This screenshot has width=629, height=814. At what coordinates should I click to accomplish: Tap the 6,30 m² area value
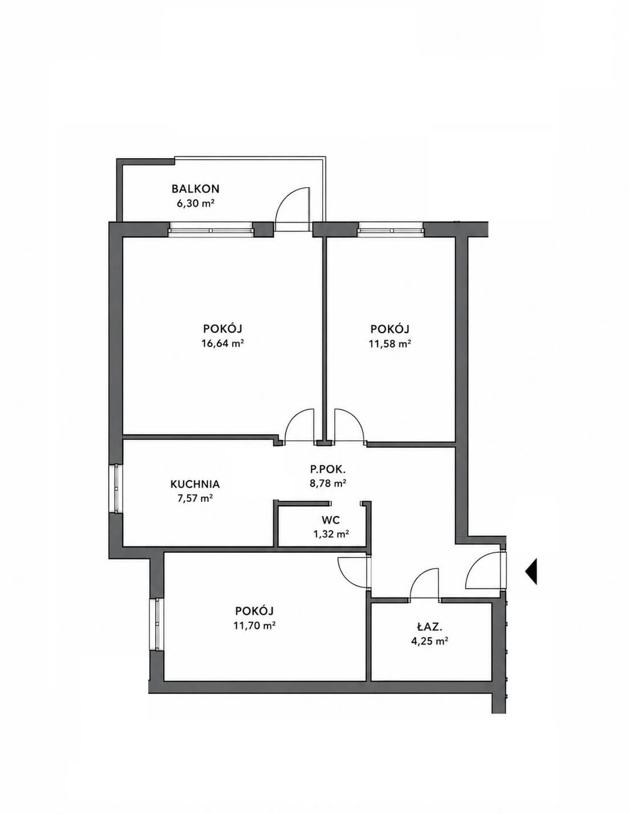pos(196,204)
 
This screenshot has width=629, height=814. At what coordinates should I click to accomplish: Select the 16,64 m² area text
pos(223,344)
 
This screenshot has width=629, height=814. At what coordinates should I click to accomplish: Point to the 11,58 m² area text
pos(390,344)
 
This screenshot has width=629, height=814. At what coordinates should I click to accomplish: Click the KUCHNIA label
pos(195,484)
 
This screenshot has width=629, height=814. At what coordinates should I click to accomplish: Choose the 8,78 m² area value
pos(327,483)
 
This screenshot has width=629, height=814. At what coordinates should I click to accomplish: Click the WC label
pos(330,520)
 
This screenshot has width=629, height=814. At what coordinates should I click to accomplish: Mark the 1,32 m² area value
pos(331,534)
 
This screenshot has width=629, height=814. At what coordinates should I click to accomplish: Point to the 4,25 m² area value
pos(429,641)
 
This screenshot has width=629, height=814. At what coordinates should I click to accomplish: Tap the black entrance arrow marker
pos(531,571)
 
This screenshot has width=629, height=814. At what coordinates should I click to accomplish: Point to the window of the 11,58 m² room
pos(390,229)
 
